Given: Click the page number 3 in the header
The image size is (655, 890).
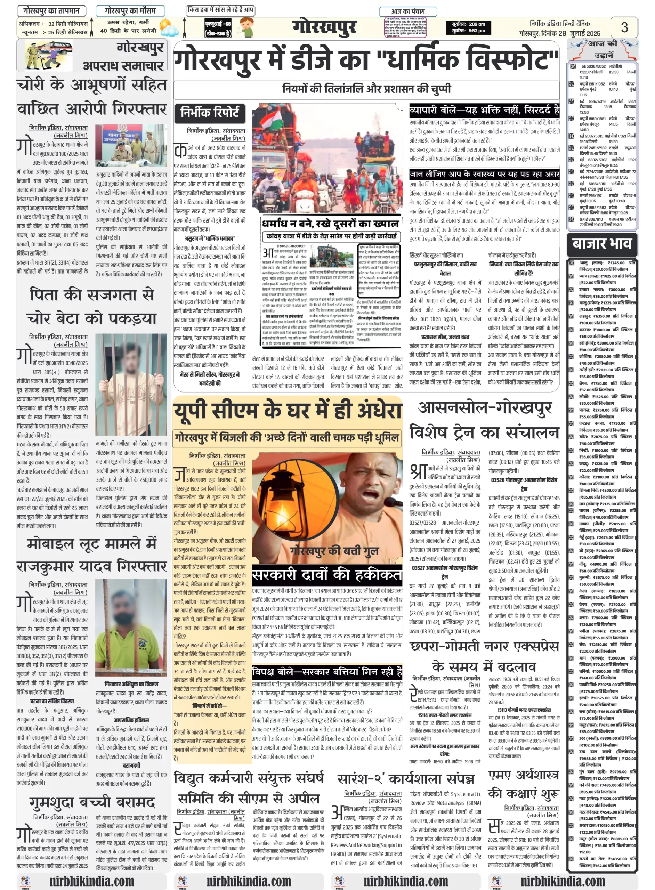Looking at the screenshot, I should coord(624,27).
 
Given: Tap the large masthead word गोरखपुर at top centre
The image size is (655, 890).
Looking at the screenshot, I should coord(324,27).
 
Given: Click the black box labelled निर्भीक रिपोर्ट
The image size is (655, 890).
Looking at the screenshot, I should coord(210,113).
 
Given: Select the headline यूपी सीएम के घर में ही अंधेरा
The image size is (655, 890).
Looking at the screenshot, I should coord(288,411).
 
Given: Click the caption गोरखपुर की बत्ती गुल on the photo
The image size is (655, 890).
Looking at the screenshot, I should coord(334,551).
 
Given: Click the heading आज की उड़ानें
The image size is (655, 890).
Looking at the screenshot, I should coord(603,49).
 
